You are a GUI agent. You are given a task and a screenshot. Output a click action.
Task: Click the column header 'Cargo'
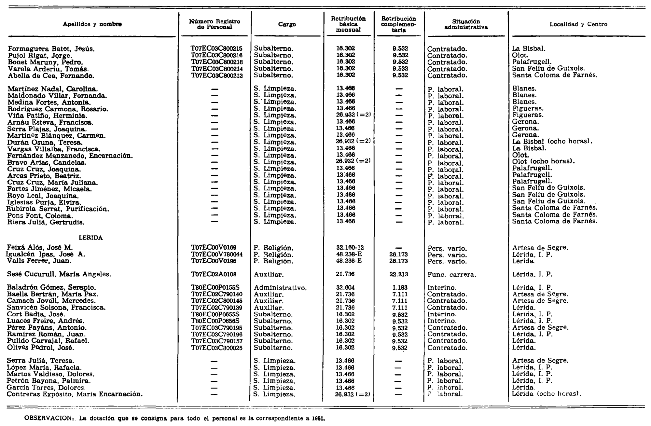tap(287, 24)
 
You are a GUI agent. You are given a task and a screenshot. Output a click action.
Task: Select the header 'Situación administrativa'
tap(466, 24)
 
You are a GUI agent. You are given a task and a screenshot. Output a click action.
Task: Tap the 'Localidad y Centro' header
tap(578, 24)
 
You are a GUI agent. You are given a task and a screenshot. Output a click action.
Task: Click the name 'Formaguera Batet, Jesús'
tap(51, 49)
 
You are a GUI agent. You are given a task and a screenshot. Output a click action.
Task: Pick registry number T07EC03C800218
tap(216, 62)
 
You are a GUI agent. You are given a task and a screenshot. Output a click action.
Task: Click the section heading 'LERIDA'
tap(91, 238)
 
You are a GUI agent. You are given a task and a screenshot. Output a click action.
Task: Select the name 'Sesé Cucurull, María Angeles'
tap(59, 274)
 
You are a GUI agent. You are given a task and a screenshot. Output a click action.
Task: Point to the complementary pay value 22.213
tap(398, 274)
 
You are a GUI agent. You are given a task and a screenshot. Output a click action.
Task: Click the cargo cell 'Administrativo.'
tap(280, 288)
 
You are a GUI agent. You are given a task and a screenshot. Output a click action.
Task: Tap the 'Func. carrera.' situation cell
tap(452, 275)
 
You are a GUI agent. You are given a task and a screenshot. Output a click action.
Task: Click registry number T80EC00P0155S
tap(215, 288)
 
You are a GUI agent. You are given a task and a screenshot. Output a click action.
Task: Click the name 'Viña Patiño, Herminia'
tap(47, 116)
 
